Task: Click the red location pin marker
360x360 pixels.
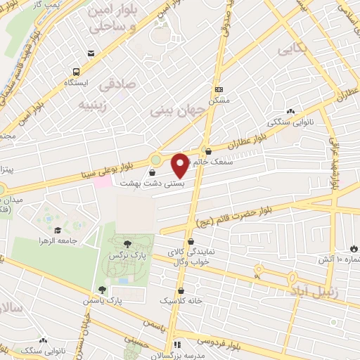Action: pos(180,165)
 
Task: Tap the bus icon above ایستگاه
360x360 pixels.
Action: pos(76,71)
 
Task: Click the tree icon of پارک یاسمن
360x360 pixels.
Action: pos(103,290)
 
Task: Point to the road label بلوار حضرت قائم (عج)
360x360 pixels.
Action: pos(240,210)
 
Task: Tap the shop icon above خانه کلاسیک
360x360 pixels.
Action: pos(181,288)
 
